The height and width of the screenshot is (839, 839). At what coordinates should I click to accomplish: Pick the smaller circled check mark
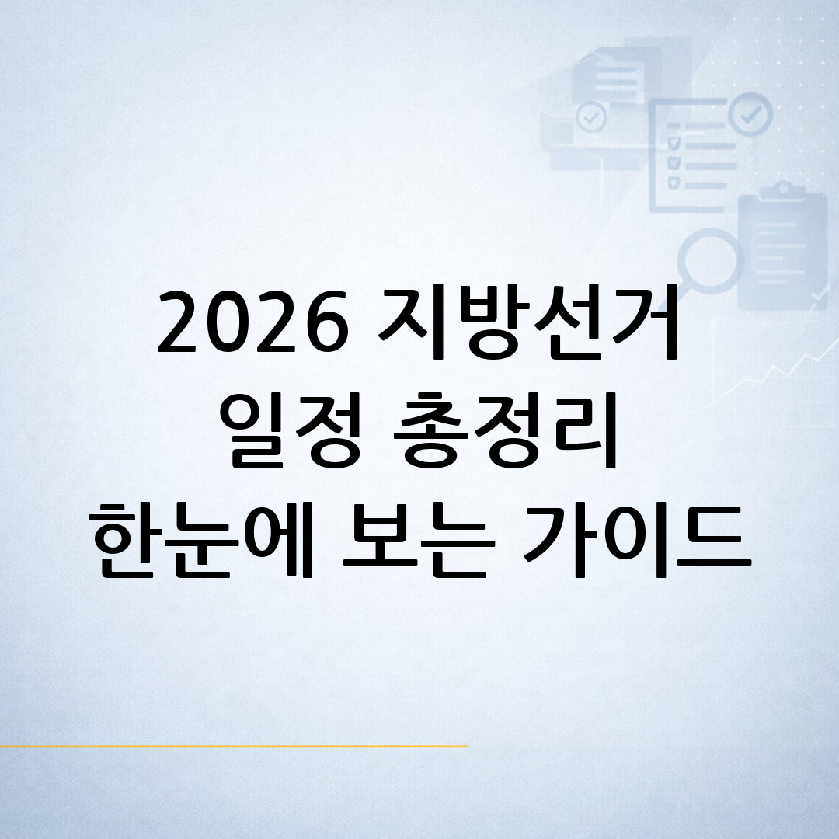coord(592,118)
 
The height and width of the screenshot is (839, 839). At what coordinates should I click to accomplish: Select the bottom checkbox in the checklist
coord(674,182)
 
